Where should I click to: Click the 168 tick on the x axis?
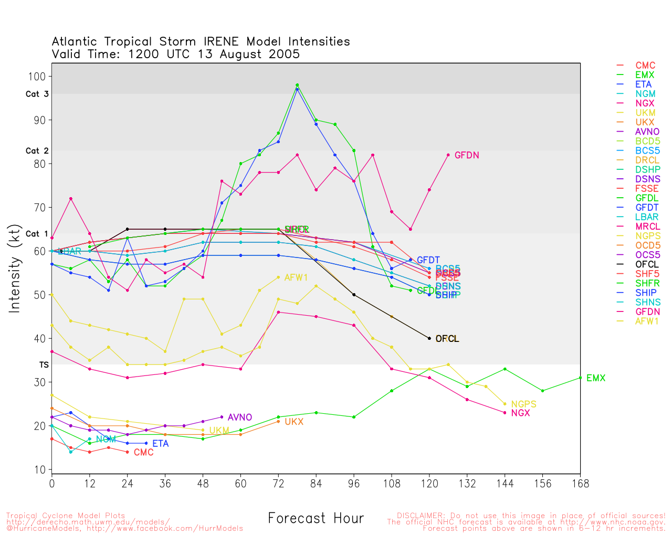tap(580, 484)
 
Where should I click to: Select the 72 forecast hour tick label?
tap(278, 484)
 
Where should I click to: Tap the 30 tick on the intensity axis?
tap(39, 382)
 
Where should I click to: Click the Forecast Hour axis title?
tap(316, 519)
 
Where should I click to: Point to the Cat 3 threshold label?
tap(37, 94)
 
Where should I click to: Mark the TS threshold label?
tap(44, 364)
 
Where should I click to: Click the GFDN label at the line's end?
tap(467, 155)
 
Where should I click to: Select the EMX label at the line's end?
tap(596, 378)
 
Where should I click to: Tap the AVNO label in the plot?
tap(240, 417)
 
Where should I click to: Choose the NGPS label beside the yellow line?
tap(523, 404)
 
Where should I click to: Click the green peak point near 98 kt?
tap(297, 85)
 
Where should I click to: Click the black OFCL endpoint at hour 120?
tap(429, 338)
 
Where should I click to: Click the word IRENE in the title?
tap(221, 41)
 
